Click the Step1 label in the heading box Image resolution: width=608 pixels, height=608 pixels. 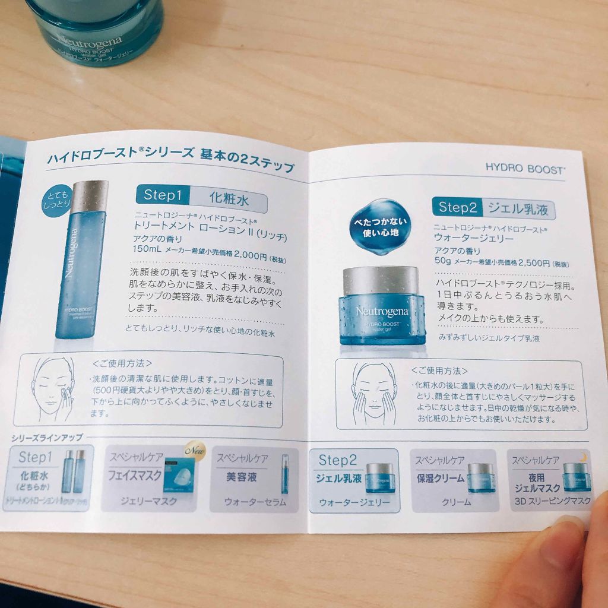pos(162,195)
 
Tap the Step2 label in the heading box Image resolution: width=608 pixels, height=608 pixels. pos(457,207)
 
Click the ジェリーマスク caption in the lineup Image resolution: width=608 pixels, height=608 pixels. pos(148,501)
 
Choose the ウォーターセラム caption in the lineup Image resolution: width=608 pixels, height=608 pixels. pos(254,502)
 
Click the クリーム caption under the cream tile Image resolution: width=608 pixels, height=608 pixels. pos(456,502)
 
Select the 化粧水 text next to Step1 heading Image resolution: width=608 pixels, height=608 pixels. pos(229,198)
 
